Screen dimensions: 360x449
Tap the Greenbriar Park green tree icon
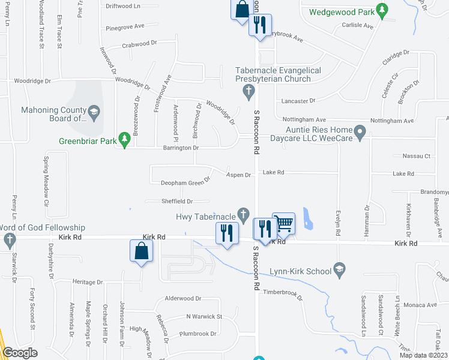(x=125, y=140)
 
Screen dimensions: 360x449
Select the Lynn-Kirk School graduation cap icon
(x=340, y=268)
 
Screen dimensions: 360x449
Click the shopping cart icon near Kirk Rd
(x=283, y=223)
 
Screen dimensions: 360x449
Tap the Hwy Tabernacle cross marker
(x=243, y=214)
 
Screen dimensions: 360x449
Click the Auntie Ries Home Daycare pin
(x=360, y=131)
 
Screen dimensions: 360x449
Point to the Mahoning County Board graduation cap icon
(x=94, y=112)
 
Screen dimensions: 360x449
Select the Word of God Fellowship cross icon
(x=9, y=241)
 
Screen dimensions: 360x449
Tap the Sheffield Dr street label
(x=176, y=202)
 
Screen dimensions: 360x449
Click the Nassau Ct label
(x=418, y=156)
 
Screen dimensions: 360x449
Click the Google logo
(x=20, y=352)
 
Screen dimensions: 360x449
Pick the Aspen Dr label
(x=238, y=175)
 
